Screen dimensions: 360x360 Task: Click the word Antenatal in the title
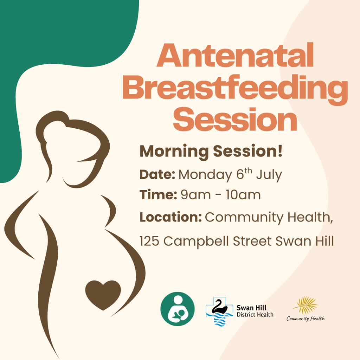(235, 55)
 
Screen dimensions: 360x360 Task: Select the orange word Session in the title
(235, 120)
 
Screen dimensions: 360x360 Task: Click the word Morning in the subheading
(174, 152)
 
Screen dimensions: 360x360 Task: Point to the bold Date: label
(157, 174)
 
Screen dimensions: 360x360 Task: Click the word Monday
(205, 175)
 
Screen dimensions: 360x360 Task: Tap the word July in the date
(269, 175)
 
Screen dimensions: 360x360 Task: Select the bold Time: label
(158, 195)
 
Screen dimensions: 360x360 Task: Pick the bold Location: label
(171, 217)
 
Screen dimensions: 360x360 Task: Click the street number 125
(149, 241)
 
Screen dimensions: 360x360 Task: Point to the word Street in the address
(252, 241)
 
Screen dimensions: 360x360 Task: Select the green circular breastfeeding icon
(178, 309)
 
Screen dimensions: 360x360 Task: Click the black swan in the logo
(219, 307)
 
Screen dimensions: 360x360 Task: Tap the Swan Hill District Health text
(255, 311)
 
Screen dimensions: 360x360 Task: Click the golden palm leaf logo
(306, 305)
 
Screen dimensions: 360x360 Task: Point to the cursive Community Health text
(306, 318)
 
